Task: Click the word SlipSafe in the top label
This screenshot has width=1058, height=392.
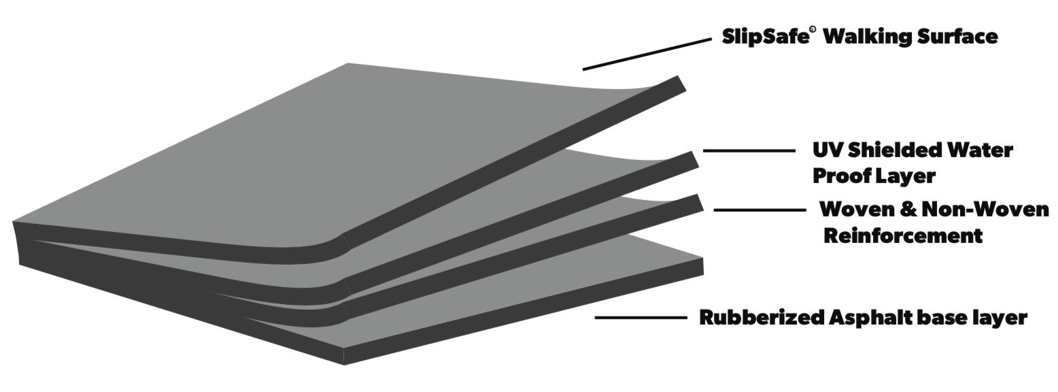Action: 766,37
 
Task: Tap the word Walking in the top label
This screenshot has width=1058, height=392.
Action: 866,37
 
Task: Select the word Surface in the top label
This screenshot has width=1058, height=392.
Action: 957,37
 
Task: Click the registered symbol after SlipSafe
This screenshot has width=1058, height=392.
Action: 813,30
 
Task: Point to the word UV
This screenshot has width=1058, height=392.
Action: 828,150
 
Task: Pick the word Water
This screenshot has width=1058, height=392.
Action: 978,150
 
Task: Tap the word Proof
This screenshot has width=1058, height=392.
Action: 840,176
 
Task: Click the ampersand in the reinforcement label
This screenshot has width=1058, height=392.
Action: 908,210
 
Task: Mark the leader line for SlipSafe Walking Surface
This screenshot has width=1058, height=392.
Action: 647,54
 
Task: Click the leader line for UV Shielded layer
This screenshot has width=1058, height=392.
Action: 749,151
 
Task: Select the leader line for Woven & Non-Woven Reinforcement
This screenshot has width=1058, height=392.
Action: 760,210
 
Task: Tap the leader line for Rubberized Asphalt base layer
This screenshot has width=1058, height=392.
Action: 641,318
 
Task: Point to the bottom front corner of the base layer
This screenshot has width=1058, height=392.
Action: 344,364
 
